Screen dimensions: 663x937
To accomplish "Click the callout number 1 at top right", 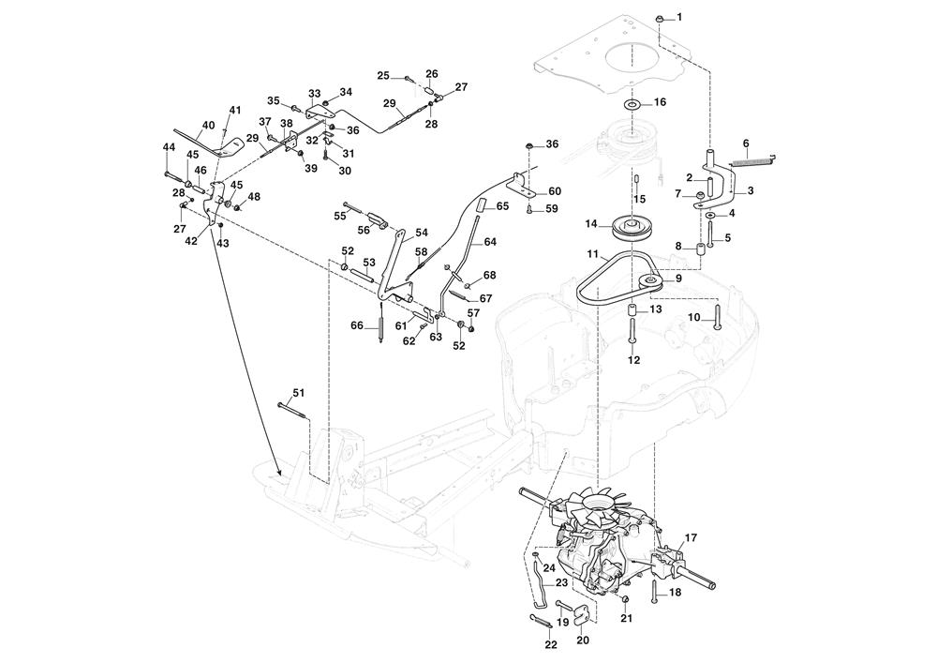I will pos(679,18).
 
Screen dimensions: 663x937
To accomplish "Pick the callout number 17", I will pos(691,537).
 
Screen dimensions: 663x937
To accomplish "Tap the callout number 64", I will pos(490,242).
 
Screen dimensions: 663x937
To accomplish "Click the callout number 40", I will pos(208,126).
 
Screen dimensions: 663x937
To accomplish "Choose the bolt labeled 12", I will pos(633,333).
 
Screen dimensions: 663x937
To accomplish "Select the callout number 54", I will pos(422,233).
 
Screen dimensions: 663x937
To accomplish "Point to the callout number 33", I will pos(315,94).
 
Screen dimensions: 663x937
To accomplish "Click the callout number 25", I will pos(383,75).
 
